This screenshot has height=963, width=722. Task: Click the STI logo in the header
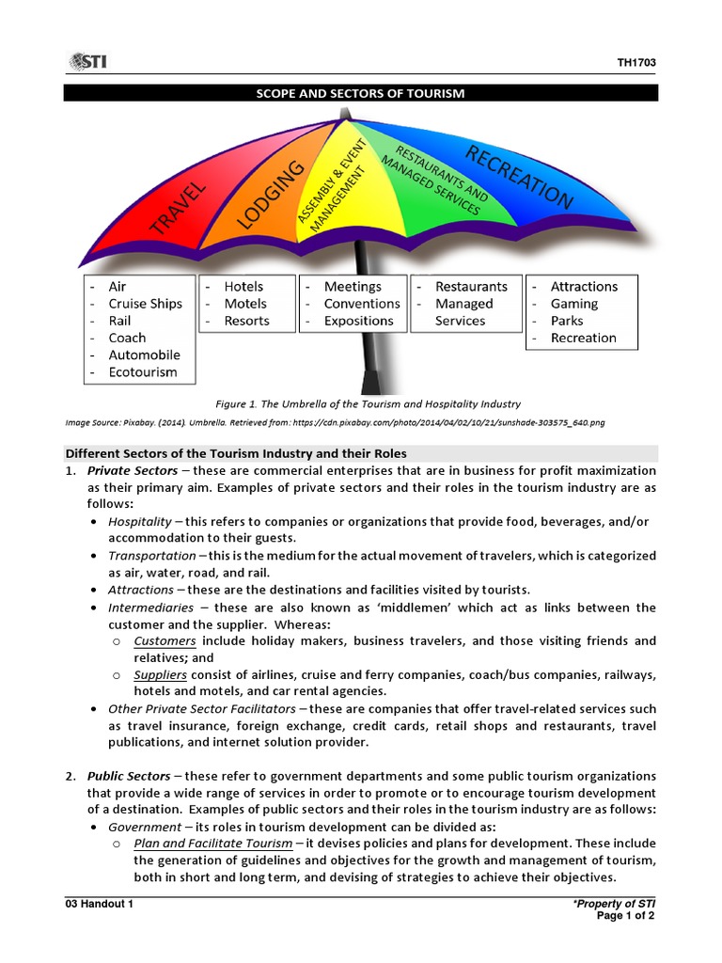click(x=86, y=62)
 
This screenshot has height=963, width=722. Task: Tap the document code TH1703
click(x=636, y=63)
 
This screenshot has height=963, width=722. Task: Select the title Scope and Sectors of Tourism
click(x=361, y=93)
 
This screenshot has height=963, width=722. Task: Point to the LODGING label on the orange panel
click(x=271, y=195)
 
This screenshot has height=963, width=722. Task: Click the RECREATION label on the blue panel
click(x=519, y=176)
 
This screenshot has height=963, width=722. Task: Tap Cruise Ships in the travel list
click(x=145, y=304)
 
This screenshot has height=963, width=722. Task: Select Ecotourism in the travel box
click(x=142, y=371)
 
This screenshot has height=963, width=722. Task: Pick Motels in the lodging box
click(x=245, y=304)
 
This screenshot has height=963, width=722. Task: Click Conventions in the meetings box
click(x=362, y=304)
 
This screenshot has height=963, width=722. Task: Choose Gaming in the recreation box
click(x=573, y=304)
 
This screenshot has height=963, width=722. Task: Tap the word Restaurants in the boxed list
click(x=471, y=287)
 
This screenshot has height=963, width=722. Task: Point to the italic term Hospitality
click(x=140, y=521)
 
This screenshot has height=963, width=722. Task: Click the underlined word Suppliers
click(x=160, y=674)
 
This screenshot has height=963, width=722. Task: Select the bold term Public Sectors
click(x=129, y=776)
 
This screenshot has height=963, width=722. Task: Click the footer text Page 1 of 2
click(x=626, y=916)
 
